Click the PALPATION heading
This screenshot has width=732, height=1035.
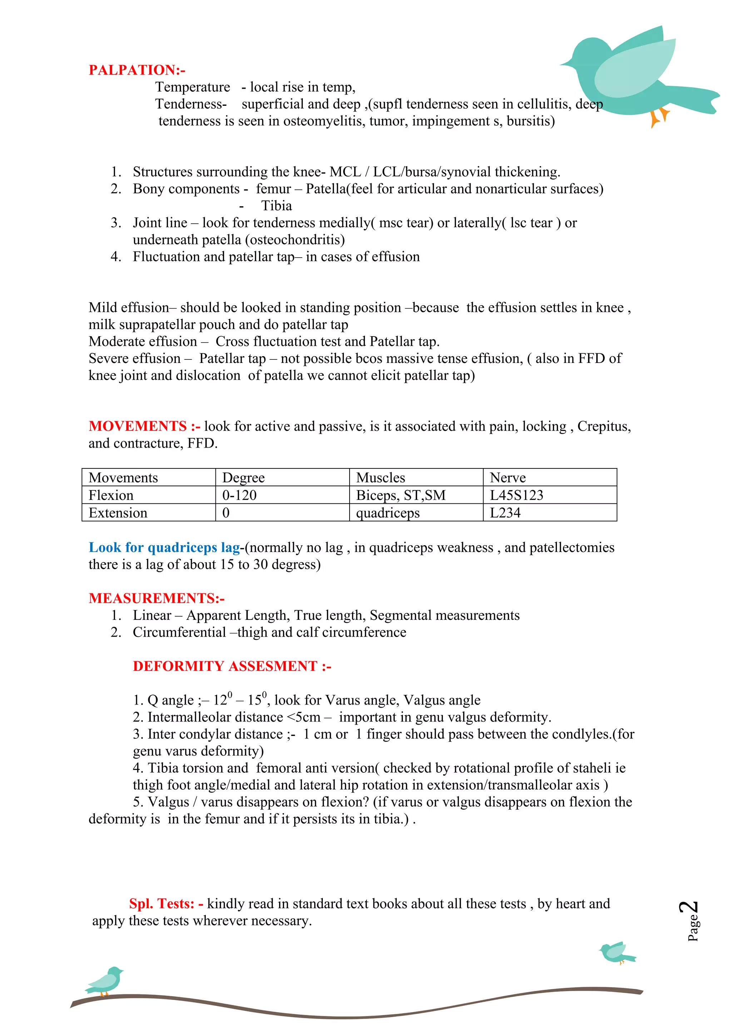tap(136, 70)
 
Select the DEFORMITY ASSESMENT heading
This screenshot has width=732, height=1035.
tap(232, 666)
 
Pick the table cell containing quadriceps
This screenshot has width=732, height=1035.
tap(388, 513)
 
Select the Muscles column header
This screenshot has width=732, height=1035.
tap(381, 477)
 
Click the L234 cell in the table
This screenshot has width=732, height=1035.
tap(505, 513)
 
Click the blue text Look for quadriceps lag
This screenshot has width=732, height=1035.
tap(164, 547)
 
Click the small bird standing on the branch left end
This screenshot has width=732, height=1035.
tap(105, 980)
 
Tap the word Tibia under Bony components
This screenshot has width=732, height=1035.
tap(277, 206)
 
